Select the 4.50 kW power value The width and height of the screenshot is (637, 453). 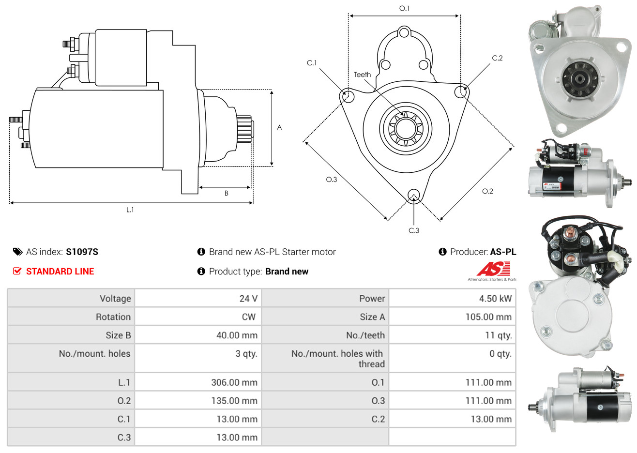[495, 299]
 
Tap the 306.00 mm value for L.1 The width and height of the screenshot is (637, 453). [234, 382]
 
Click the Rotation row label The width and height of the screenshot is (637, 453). [113, 317]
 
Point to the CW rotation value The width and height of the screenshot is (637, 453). [248, 317]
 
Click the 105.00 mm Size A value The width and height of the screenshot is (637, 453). [488, 317]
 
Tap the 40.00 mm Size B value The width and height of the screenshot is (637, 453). [237, 335]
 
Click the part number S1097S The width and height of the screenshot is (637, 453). [82, 252]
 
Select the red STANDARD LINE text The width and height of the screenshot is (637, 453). [60, 272]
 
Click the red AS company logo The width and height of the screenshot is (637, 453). [493, 269]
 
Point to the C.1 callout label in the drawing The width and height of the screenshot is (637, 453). [312, 63]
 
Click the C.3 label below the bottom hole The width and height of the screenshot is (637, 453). [414, 230]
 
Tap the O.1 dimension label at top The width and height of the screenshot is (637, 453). [404, 8]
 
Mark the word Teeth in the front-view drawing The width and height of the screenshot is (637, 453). [362, 75]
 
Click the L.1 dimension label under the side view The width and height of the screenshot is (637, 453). [130, 210]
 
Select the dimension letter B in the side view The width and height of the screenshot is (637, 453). [226, 193]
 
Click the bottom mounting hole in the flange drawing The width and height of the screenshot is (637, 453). [413, 195]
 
